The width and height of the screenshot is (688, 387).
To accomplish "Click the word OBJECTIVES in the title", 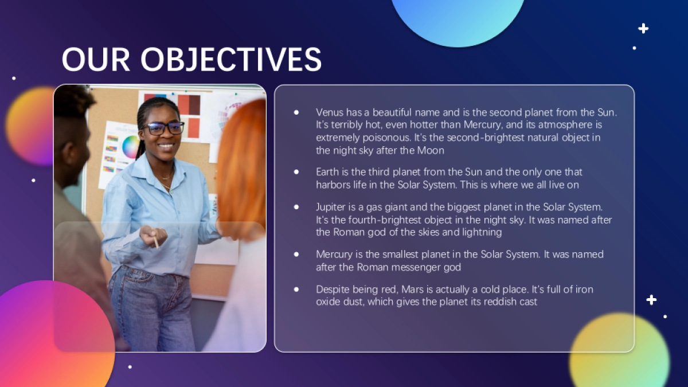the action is pos(231,59).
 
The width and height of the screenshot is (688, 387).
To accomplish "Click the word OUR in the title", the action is pos(96,59).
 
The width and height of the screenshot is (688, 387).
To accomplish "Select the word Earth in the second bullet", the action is pos(328,171).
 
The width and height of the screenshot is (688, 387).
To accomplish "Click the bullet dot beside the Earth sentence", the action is pos(296,172).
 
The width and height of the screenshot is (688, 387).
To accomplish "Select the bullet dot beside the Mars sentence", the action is pos(296,290).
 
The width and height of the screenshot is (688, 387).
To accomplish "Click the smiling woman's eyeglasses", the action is pos(163,128).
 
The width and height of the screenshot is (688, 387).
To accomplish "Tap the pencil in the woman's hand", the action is pos(156,242).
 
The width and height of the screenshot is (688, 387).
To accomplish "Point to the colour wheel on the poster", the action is pos(131,147).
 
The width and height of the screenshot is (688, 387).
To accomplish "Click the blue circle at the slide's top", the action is pos(458,18).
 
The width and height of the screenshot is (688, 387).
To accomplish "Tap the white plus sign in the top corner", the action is pos(643,29).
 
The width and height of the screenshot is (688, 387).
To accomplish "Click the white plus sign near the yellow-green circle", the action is pos(651,300).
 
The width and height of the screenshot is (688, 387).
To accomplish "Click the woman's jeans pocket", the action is pos(137,280).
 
